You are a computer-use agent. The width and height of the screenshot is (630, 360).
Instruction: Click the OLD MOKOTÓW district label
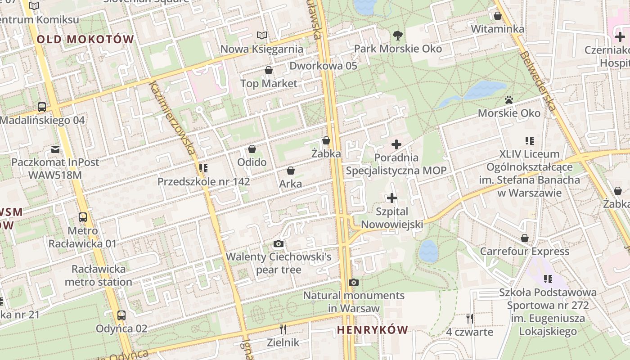click(x=85, y=39)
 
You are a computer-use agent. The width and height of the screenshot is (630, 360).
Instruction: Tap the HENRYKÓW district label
click(x=372, y=330)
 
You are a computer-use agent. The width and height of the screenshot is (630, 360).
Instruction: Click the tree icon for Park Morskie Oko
click(x=397, y=35)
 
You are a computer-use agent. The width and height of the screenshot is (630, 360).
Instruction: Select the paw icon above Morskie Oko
click(x=509, y=100)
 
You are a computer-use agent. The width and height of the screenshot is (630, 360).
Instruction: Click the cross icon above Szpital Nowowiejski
click(x=392, y=198)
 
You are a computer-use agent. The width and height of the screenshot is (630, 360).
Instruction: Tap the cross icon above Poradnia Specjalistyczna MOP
click(x=396, y=144)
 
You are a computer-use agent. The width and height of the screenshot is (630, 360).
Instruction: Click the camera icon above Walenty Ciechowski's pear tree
click(x=279, y=244)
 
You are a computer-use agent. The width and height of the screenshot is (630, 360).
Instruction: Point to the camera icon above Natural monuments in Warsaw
click(x=354, y=283)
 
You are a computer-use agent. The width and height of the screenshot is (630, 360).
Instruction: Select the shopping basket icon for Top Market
click(x=269, y=70)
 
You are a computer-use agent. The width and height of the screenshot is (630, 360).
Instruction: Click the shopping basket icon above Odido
click(x=252, y=149)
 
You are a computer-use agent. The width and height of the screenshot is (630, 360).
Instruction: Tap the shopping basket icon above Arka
click(x=291, y=171)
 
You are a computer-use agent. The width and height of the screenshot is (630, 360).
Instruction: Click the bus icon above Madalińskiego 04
click(x=42, y=107)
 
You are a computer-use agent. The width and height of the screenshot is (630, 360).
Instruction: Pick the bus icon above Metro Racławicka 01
click(x=83, y=217)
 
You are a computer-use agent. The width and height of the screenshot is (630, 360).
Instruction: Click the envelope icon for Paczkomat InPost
click(x=55, y=149)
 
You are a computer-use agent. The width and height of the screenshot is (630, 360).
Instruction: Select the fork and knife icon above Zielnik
click(x=283, y=329)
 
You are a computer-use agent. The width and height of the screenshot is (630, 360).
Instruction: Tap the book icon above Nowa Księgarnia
click(x=261, y=35)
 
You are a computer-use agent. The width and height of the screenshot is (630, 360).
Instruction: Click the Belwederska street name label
click(x=538, y=81)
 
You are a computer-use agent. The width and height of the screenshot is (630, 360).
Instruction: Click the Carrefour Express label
click(x=524, y=251)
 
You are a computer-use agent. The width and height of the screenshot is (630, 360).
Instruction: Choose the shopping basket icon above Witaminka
click(x=498, y=16)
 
